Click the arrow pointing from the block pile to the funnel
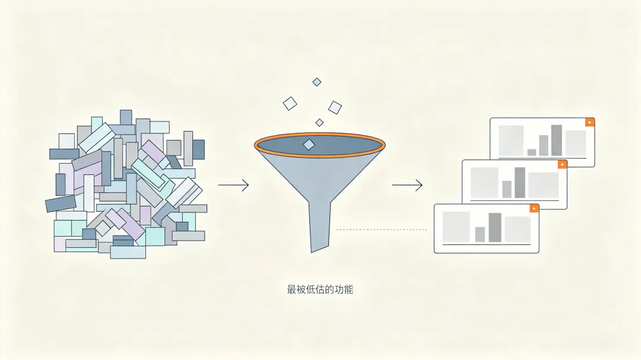233,185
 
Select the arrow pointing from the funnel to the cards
407,185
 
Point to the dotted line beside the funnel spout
382,230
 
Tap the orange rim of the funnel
320,134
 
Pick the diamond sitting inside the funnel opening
309,145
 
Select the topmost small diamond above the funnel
317,82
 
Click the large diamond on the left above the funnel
290,103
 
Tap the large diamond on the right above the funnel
335,107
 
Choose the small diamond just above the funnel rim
319,123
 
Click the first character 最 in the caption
291,289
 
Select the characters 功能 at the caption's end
344,289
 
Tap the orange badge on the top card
589,122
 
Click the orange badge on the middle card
562,165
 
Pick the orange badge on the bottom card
534,208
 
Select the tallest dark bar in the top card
556,140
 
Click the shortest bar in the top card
531,152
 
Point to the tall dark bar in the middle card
519,183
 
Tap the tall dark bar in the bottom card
494,228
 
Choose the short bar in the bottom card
480,234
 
